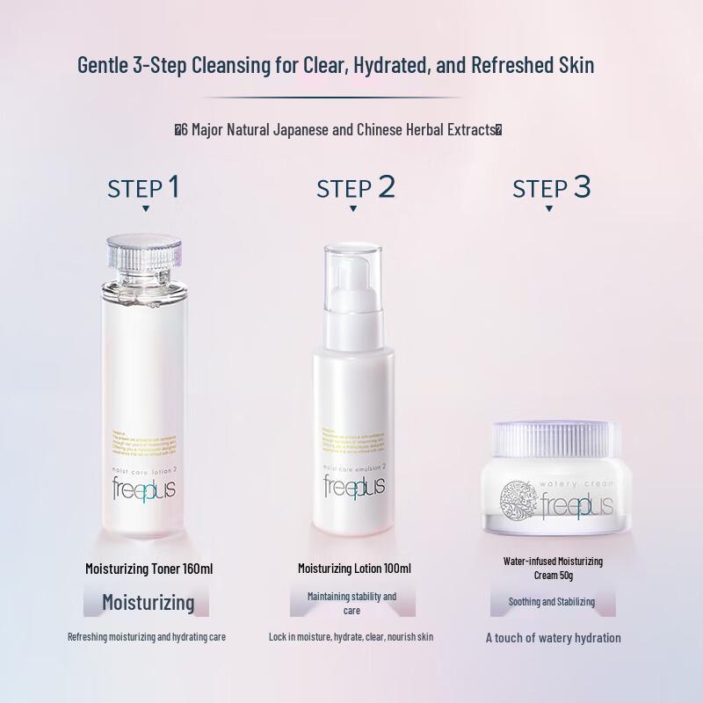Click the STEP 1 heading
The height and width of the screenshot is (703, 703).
[144, 187]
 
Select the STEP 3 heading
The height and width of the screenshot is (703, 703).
[552, 187]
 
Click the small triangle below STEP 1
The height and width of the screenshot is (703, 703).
[145, 209]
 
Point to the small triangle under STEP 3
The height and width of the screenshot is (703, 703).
[549, 209]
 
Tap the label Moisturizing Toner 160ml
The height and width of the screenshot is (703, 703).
[149, 569]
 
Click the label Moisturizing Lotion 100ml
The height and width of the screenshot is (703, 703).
[354, 569]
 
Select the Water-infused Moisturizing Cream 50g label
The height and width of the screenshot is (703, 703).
[553, 568]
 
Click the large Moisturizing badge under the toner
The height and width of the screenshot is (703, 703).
[148, 602]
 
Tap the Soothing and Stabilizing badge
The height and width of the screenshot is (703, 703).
[552, 602]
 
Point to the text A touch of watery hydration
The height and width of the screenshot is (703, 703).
[554, 638]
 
